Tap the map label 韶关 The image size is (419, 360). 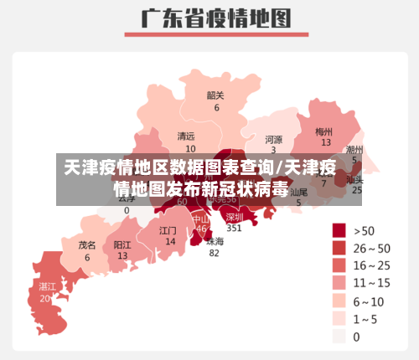pos(215,95)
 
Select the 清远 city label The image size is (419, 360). pos(186,136)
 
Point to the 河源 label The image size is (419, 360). pos(273,139)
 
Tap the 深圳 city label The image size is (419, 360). pos(235,216)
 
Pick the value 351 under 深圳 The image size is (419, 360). pos(235,228)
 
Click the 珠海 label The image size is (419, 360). pos(215,241)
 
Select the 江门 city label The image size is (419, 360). pos(168,229)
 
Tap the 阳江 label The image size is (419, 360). pos(122,244)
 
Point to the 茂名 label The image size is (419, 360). pos(87,245)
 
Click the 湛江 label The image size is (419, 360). pos(47,286)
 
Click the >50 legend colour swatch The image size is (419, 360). pos(339,230)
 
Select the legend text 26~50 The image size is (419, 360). pos(371,249)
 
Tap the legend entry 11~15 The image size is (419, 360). pos(371,284)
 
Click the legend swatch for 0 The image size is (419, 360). pos(339,337)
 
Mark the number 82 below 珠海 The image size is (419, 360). pos(215,253)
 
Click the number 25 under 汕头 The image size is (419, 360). pos(357,190)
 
